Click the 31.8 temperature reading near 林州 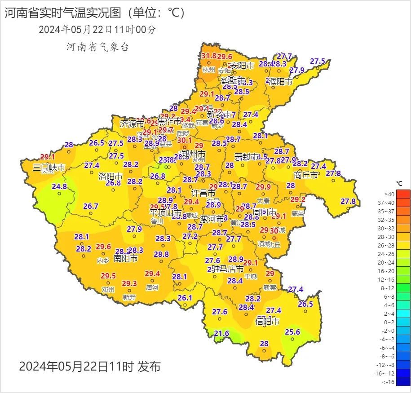coord(208,56)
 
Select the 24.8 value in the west coord(59,186)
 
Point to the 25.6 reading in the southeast coord(292,332)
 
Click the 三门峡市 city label coord(49,168)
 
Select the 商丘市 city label coord(306,175)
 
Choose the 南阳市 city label coord(125,258)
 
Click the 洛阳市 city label coord(110,176)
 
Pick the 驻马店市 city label coord(227,269)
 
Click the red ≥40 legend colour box coord(403,194)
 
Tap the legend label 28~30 coord(386,237)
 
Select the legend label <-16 coord(388,382)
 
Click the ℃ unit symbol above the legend coord(399,183)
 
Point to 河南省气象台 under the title coord(97,47)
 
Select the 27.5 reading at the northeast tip coord(318,61)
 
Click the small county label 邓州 coord(108,290)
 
